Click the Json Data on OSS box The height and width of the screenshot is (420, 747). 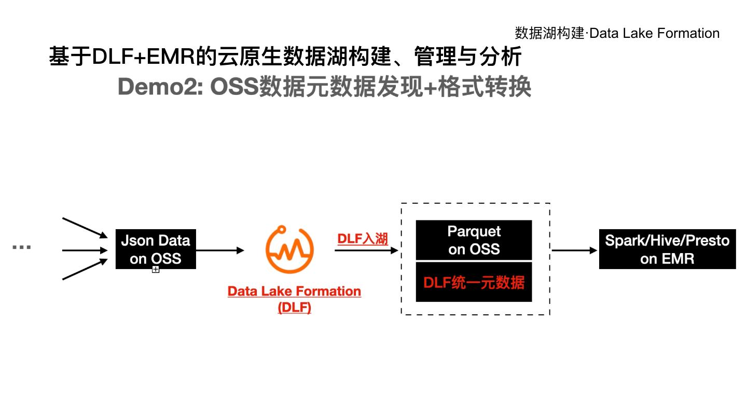pos(156,249)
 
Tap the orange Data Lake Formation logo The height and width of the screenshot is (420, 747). pos(289,250)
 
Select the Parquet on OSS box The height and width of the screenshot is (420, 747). pos(474,240)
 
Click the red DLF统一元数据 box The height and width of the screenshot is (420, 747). pos(474,283)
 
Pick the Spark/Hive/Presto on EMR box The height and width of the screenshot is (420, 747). pos(667,249)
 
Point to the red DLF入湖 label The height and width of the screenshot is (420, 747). pos(363,239)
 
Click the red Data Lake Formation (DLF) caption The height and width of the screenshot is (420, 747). pos(294,299)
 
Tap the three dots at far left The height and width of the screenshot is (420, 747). pos(21,247)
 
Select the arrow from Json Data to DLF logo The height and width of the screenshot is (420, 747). pos(220,250)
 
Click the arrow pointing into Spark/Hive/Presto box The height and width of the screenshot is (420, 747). pos(575,250)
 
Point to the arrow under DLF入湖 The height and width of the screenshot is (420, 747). pos(366,250)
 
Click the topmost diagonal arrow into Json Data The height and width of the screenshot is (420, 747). pos(85,228)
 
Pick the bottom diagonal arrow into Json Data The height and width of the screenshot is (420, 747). pos(85,270)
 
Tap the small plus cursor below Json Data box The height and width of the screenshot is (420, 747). pos(155,269)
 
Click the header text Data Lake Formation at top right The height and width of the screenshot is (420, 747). pos(655,34)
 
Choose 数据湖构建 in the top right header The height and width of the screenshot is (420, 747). pos(549,34)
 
